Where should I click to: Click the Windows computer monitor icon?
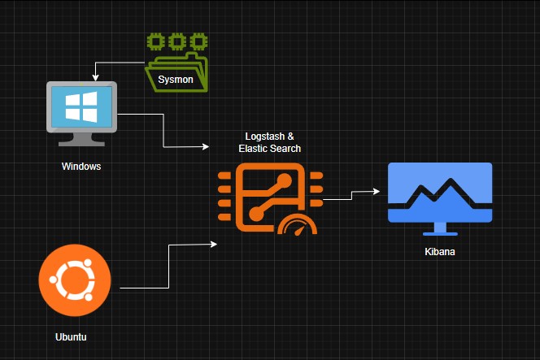[82, 111]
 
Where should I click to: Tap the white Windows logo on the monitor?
[82, 106]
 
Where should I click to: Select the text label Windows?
[81, 167]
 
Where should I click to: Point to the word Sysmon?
[176, 79]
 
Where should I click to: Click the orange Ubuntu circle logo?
[73, 281]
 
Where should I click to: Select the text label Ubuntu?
[71, 336]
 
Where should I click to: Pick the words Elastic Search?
[269, 149]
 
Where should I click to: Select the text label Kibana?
[439, 252]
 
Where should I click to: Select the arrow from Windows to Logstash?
[164, 130]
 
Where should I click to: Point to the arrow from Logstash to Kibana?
[351, 194]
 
